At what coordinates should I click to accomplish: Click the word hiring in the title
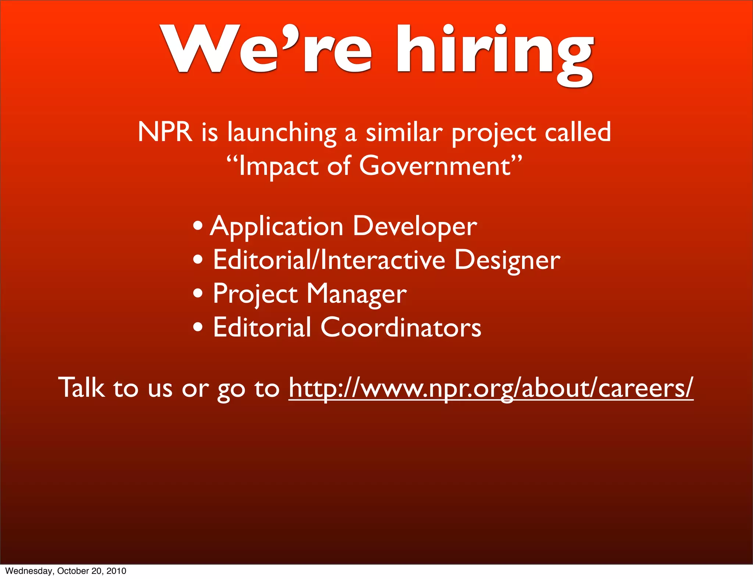tap(495, 51)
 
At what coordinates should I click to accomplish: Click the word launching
tap(282, 133)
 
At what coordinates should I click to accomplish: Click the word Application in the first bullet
tap(277, 227)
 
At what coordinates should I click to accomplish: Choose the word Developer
tap(415, 227)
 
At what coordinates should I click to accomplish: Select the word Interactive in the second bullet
tap(383, 260)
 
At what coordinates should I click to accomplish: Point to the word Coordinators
tap(401, 327)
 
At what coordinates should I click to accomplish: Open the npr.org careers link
tap(491, 388)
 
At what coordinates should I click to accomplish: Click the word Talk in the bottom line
tap(81, 388)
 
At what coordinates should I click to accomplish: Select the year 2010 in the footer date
tap(116, 571)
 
